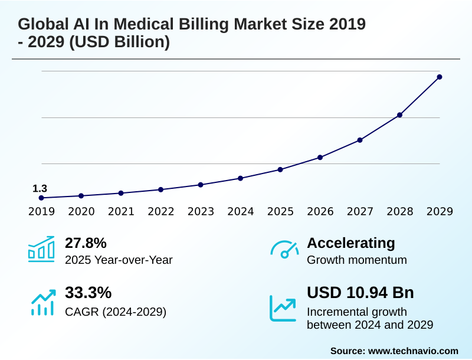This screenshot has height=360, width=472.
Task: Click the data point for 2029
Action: pos(440,77)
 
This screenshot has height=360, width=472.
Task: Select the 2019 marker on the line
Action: pos(41,198)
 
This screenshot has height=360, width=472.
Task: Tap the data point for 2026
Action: pos(320,157)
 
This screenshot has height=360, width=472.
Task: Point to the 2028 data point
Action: pos(399,114)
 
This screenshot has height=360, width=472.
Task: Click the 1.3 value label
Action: pos(40,188)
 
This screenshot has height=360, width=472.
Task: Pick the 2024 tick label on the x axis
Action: pos(241,211)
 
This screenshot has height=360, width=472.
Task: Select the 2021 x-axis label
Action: pos(121,211)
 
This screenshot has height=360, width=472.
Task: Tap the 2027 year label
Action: pos(360,211)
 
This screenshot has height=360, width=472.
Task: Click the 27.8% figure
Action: pos(86,243)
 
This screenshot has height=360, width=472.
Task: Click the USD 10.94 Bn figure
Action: pos(360,293)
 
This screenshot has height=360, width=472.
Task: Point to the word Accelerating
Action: pos(351,243)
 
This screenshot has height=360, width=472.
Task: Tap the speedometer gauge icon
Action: pos(284,250)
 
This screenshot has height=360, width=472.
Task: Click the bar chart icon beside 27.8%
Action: pos(41,249)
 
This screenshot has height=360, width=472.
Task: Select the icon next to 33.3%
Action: pos(42,301)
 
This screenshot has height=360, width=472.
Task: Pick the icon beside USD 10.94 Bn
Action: pos(283,307)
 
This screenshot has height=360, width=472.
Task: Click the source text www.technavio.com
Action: pos(413,351)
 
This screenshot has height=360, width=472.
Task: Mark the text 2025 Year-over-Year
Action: pos(119,260)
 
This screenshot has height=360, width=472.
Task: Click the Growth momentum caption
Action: pos(357,260)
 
